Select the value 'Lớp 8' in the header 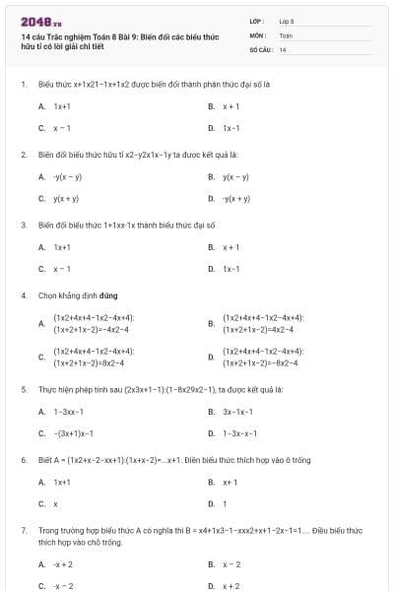click(x=287, y=21)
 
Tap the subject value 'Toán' click(x=286, y=34)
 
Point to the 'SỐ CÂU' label click(x=259, y=48)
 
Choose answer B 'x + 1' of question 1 click(x=230, y=105)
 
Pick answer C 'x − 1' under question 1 click(x=62, y=128)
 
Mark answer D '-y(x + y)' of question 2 click(x=235, y=198)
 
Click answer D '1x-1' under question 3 click(x=231, y=268)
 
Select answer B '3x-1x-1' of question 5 click(x=238, y=411)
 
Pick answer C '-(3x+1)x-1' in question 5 click(x=73, y=432)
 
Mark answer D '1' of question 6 click(x=225, y=503)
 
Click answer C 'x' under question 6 click(x=55, y=503)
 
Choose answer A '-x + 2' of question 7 click(x=63, y=564)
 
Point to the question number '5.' click(x=24, y=389)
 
